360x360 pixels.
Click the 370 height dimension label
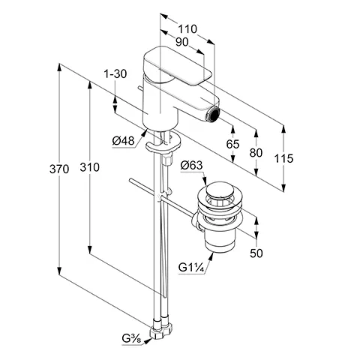59,169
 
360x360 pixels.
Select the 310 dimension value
89,167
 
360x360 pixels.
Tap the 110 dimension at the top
187,29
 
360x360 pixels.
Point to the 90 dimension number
181,42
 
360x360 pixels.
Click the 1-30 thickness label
115,74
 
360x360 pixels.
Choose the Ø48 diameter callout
123,141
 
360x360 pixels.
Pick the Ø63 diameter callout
191,165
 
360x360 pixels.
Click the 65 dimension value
232,144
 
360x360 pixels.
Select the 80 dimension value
256,152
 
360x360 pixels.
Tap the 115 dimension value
283,158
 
